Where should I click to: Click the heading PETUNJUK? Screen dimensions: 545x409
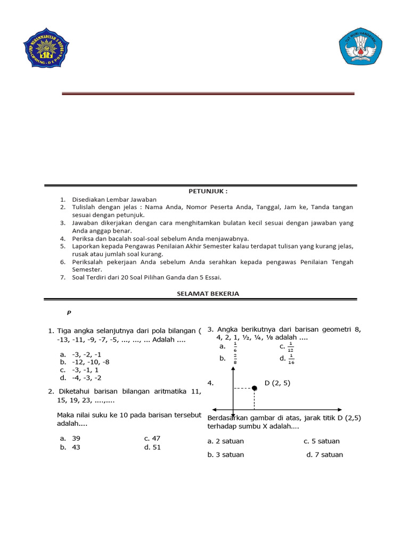pyautogui.click(x=200, y=191)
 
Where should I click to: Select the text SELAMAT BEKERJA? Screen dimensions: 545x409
pyautogui.click(x=200, y=293)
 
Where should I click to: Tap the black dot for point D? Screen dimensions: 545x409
pyautogui.click(x=255, y=388)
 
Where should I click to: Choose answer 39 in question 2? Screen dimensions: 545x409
pyautogui.click(x=76, y=438)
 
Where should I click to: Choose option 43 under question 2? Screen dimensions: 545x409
pyautogui.click(x=76, y=447)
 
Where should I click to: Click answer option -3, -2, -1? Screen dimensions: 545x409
pyautogui.click(x=86, y=354)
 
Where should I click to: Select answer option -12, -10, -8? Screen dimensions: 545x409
pyautogui.click(x=89, y=362)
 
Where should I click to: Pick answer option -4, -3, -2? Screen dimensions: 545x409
pyautogui.click(x=86, y=378)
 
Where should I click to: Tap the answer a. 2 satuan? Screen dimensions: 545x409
pyautogui.click(x=226, y=441)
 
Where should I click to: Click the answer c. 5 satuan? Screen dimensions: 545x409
pyautogui.click(x=322, y=441)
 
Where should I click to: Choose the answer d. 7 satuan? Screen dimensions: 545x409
pyautogui.click(x=325, y=455)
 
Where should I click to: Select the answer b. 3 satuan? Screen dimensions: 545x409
pyautogui.click(x=226, y=455)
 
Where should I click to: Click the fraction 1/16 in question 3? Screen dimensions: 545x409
pyautogui.click(x=291, y=360)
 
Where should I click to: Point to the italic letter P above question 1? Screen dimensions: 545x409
pyautogui.click(x=69, y=312)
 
